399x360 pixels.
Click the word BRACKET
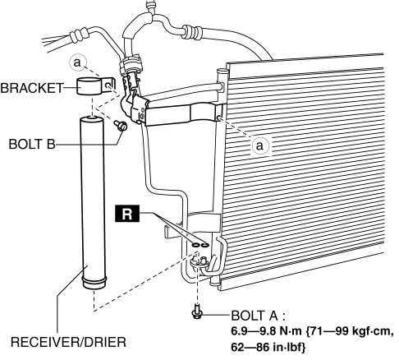32,88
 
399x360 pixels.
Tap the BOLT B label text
32,144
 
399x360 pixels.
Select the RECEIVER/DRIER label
68,342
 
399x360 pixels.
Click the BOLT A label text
255,316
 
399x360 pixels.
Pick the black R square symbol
127,214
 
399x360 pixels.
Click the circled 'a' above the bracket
78,62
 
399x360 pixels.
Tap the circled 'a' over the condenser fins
260,145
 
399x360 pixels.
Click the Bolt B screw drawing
121,126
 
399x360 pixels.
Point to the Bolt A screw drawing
197,312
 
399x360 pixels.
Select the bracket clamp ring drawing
89,86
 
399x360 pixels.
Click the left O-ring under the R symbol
195,245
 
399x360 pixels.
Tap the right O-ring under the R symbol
205,245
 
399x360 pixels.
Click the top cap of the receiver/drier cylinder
91,119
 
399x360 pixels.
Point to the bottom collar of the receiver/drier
94,283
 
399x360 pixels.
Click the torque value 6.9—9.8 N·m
266,331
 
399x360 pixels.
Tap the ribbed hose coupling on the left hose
79,35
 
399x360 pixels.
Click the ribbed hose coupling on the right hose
193,31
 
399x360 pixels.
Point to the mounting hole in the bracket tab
109,85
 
